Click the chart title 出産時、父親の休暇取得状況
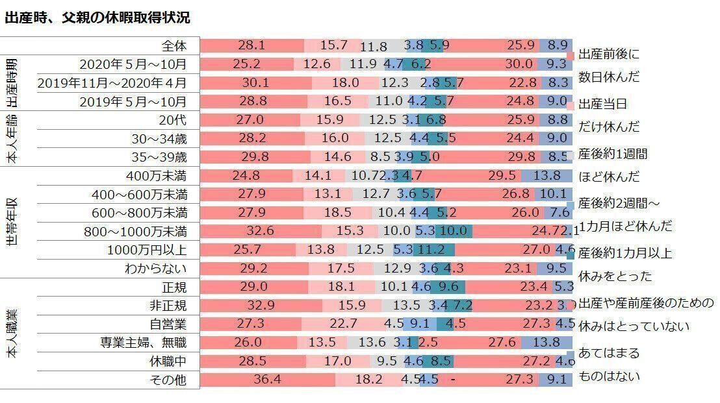97,18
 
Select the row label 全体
174,46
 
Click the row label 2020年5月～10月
133,64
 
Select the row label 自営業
167,324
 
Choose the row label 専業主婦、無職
142,342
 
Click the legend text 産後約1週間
613,154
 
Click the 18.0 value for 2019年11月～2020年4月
345,82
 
